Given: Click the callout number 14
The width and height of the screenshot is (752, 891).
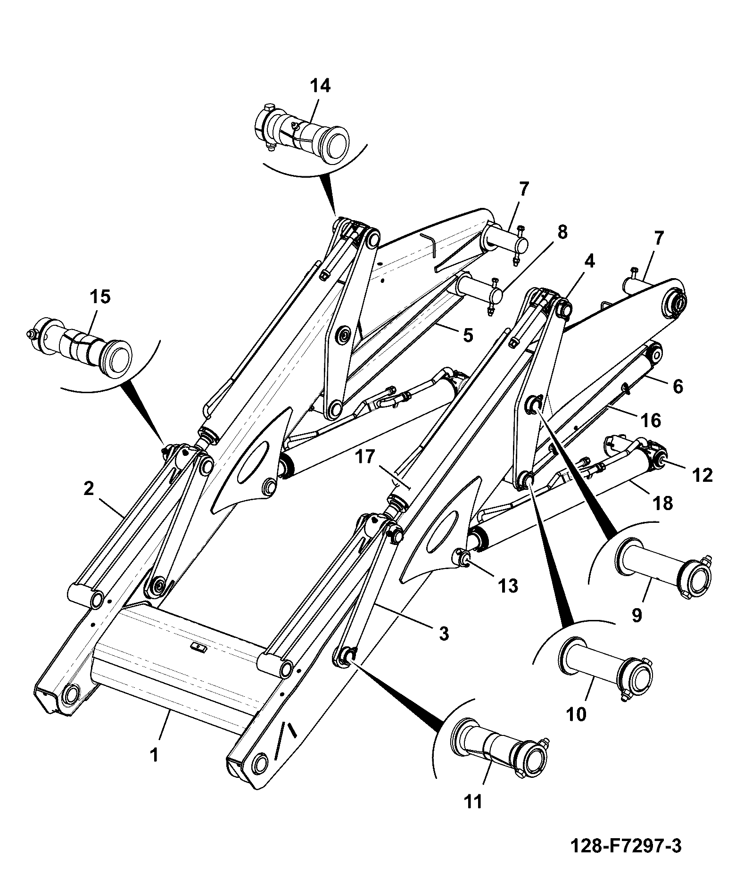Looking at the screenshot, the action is coord(320,86).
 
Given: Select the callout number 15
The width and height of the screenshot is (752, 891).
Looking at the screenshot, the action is coord(99,297).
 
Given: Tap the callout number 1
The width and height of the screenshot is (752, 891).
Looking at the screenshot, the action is coord(154,756).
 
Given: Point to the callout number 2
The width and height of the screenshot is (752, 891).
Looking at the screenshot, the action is coord(88,489).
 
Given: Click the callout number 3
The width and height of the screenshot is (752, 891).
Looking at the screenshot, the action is coord(444,634).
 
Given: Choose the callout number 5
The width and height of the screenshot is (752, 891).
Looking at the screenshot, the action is coord(467,335).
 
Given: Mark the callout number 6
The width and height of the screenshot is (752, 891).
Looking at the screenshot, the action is coord(677,387).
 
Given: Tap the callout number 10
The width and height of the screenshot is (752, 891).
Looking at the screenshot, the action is coord(576,714).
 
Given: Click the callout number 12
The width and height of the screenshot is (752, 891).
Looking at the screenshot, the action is coord(702,476).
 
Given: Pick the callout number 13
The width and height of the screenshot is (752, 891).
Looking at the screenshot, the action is coord(508,586).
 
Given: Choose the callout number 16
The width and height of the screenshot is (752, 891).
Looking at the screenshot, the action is coord(651,421).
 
